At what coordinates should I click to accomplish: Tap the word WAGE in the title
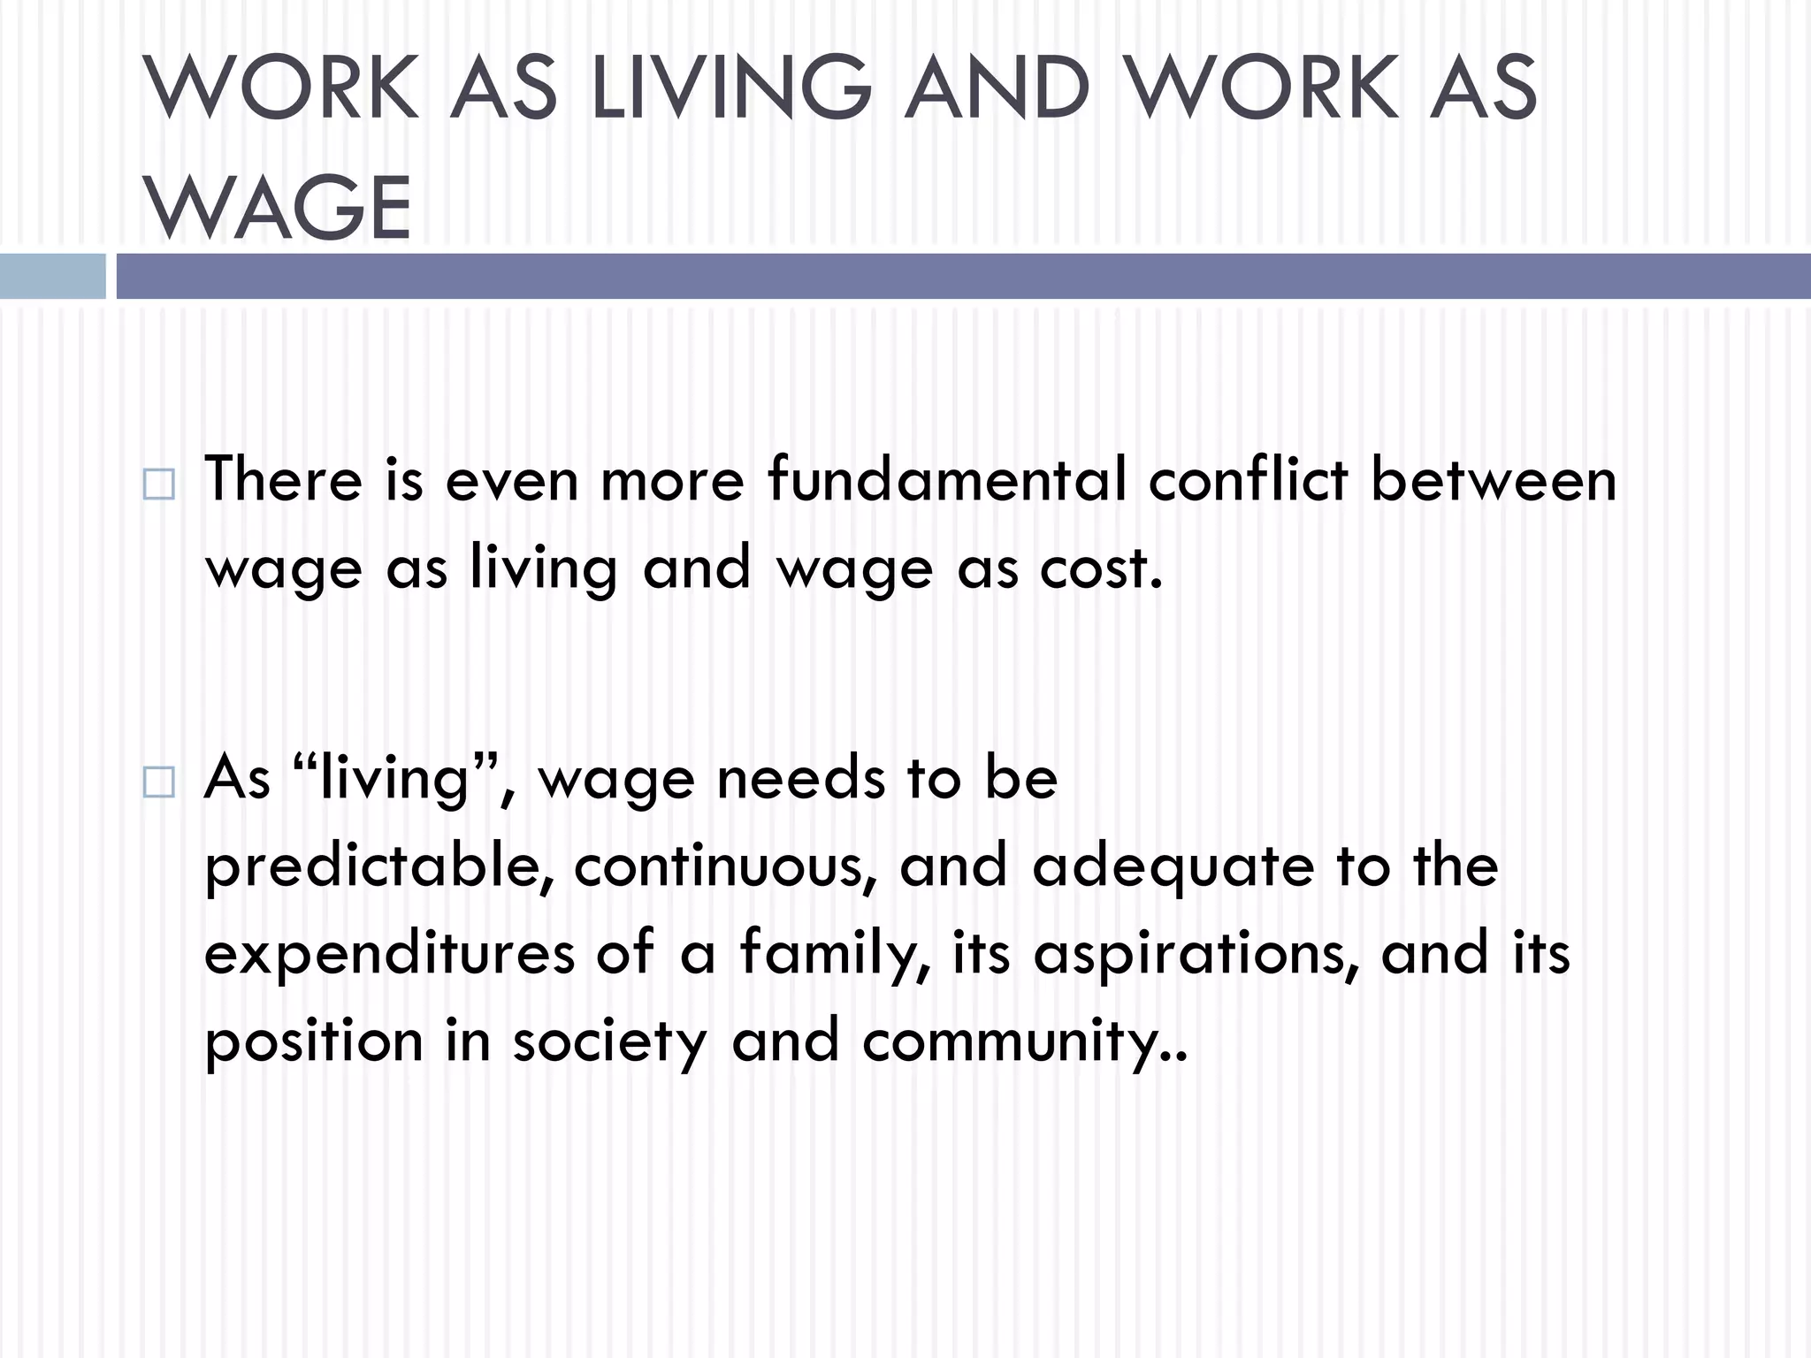(x=278, y=208)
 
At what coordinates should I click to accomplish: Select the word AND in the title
(x=997, y=87)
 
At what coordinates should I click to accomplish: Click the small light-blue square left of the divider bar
(x=52, y=276)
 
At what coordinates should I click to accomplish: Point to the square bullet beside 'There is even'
(x=158, y=484)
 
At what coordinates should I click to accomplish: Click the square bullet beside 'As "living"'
(x=158, y=782)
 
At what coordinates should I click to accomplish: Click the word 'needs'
(x=801, y=778)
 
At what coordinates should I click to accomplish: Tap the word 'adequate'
(x=1173, y=866)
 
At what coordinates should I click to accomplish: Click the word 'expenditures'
(x=390, y=953)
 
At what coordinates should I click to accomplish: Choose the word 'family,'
(x=836, y=953)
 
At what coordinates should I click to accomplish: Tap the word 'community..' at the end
(x=1025, y=1041)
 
